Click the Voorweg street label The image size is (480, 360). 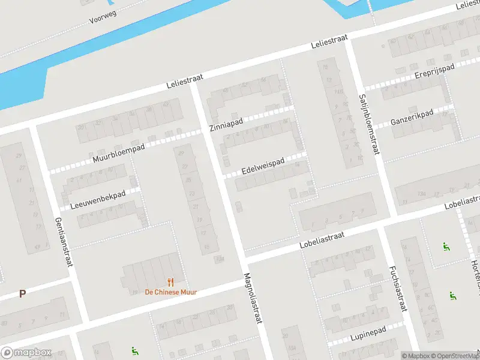tap(103, 16)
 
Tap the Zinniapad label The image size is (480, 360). tap(226, 125)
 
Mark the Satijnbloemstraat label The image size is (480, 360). tap(368, 124)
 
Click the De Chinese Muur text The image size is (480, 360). tap(171, 292)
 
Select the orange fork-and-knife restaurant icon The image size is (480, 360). tap(171, 281)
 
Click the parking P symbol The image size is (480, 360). tap(23, 294)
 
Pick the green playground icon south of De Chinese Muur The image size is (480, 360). tap(134, 352)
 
